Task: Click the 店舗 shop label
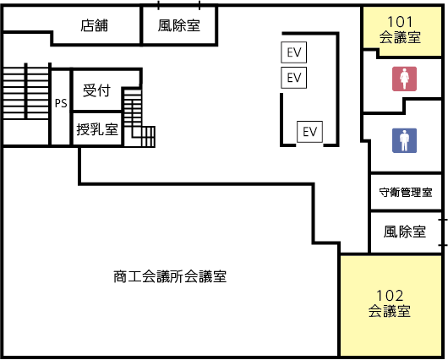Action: pyautogui.click(x=94, y=25)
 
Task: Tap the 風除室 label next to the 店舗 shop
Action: pyautogui.click(x=179, y=25)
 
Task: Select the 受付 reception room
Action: pyautogui.click(x=97, y=90)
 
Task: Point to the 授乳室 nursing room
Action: pyautogui.click(x=97, y=129)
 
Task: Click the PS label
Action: pyautogui.click(x=61, y=103)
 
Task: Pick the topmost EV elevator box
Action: pyautogui.click(x=293, y=52)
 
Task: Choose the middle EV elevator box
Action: pyautogui.click(x=293, y=78)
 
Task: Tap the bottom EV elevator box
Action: pyautogui.click(x=309, y=132)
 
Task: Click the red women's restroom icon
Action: pyautogui.click(x=404, y=79)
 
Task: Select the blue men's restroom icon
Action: pyautogui.click(x=404, y=140)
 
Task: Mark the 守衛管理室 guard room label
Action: pyautogui.click(x=406, y=193)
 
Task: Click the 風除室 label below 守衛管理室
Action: pyautogui.click(x=405, y=232)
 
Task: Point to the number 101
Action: pyautogui.click(x=400, y=22)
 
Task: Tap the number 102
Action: pyautogui.click(x=390, y=296)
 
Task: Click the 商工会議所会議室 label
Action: pyautogui.click(x=170, y=276)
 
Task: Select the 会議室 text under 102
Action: pyautogui.click(x=390, y=311)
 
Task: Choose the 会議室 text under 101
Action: pyautogui.click(x=400, y=37)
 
